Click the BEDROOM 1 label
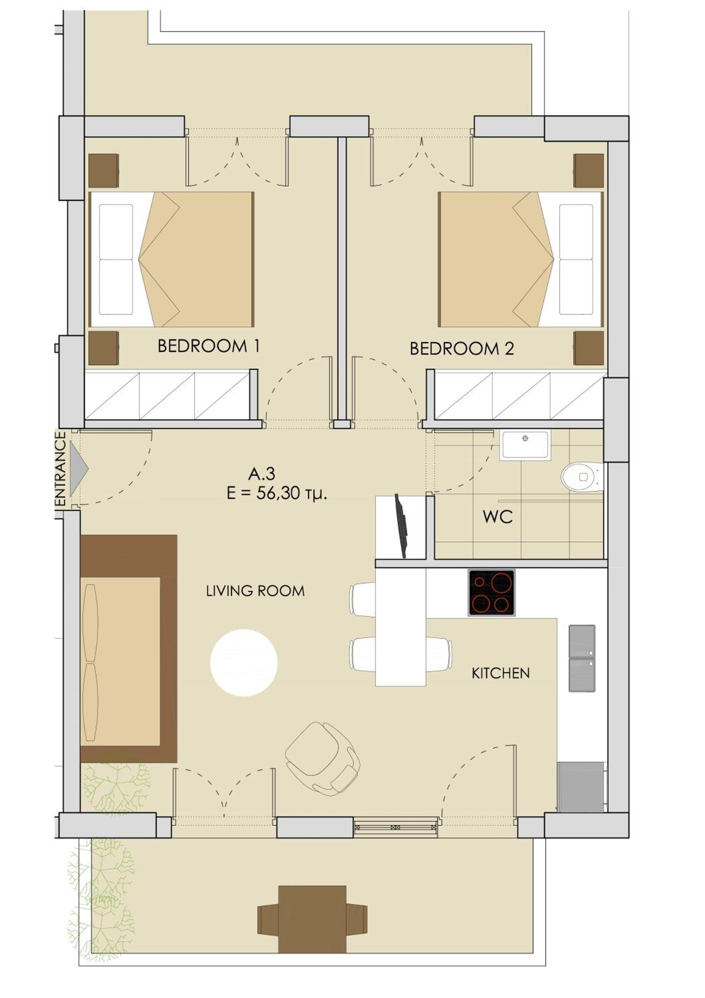[209, 346]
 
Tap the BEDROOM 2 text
[462, 349]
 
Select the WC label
[498, 517]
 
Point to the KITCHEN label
[500, 673]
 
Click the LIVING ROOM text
[255, 591]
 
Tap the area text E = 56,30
[277, 494]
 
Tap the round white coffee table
[244, 663]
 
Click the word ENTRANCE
[61, 469]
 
